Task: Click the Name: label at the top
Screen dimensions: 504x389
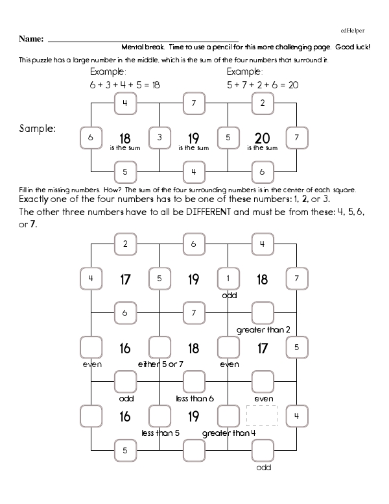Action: click(x=30, y=39)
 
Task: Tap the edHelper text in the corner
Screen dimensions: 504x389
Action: click(x=352, y=30)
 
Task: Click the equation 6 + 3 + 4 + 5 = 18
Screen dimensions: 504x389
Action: click(x=124, y=85)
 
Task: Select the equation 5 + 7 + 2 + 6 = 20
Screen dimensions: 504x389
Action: click(x=262, y=85)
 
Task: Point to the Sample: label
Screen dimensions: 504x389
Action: click(x=38, y=129)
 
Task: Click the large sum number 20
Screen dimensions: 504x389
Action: click(x=262, y=137)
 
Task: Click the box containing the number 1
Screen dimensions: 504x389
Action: click(x=228, y=279)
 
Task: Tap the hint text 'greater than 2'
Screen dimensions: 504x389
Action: click(x=263, y=330)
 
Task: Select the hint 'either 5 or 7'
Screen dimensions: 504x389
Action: click(x=160, y=364)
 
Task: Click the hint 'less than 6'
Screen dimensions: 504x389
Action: click(x=194, y=398)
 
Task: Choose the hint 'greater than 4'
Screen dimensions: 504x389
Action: click(x=229, y=432)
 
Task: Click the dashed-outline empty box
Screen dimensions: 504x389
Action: click(x=262, y=415)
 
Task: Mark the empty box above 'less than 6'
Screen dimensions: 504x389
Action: click(x=194, y=381)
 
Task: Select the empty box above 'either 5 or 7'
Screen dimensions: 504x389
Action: click(x=159, y=347)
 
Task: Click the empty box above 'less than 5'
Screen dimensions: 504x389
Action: click(x=159, y=415)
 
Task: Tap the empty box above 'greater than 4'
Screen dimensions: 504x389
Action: click(x=228, y=415)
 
